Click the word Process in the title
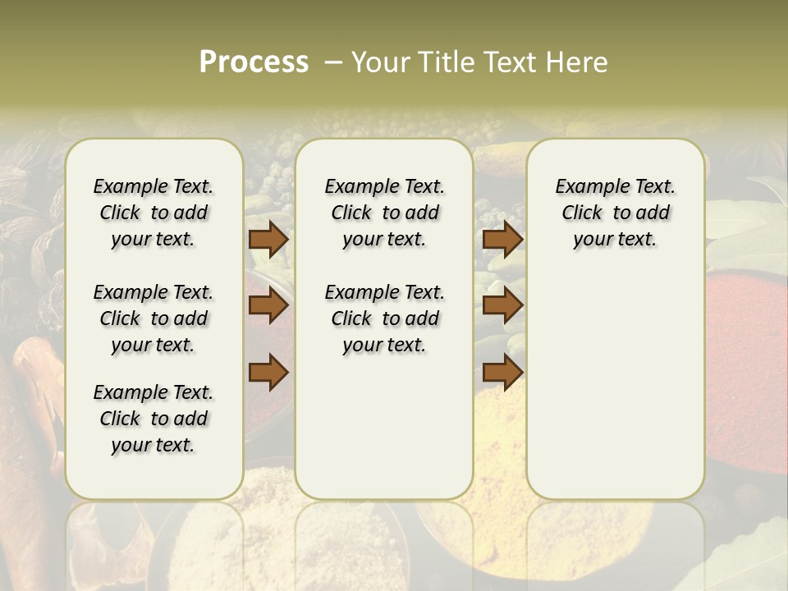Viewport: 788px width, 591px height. [254, 62]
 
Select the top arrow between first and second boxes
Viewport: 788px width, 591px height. [268, 240]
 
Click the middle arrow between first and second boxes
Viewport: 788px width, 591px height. [268, 306]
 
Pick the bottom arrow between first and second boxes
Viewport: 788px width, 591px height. [268, 371]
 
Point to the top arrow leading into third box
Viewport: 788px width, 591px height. [502, 240]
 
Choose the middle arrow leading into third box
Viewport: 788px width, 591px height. [502, 306]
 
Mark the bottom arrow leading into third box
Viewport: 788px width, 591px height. [502, 371]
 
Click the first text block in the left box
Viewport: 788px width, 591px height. [153, 213]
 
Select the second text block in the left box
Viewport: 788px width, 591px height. [153, 318]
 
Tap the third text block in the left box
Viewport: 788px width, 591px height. [153, 419]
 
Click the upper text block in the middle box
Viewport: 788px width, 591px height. [384, 213]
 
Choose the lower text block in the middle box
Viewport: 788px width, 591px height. [384, 318]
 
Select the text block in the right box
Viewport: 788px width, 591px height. [615, 213]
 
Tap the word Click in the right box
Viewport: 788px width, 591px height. [582, 213]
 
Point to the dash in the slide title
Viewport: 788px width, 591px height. [332, 62]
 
